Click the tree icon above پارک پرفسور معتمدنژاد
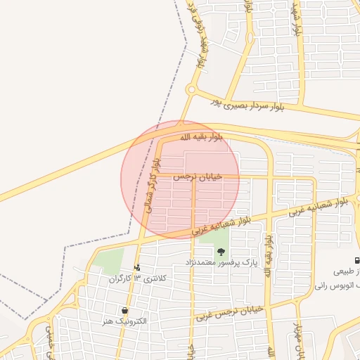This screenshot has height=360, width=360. tap(221, 252)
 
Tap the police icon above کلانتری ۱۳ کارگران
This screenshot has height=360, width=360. tap(136, 267)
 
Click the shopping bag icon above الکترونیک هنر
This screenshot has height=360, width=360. tap(124, 310)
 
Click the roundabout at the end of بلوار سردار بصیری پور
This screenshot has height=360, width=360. tap(191, 89)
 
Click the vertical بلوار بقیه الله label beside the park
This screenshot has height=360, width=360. tap(268, 253)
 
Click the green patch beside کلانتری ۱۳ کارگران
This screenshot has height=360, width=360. tap(108, 262)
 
